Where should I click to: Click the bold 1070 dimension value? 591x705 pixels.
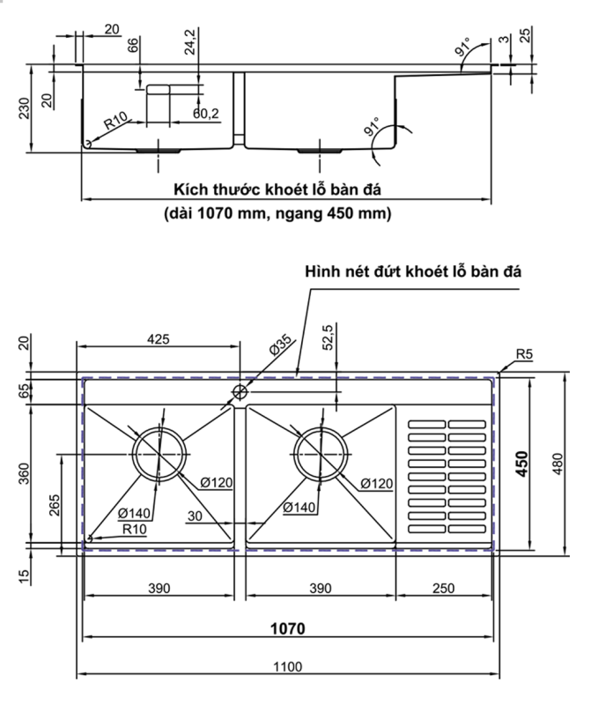287,629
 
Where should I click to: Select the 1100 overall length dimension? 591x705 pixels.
287,666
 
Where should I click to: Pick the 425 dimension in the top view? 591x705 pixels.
159,338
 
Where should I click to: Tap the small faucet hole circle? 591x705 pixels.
240,391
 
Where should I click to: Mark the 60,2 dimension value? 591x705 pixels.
206,113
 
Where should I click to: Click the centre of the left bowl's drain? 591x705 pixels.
159,454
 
